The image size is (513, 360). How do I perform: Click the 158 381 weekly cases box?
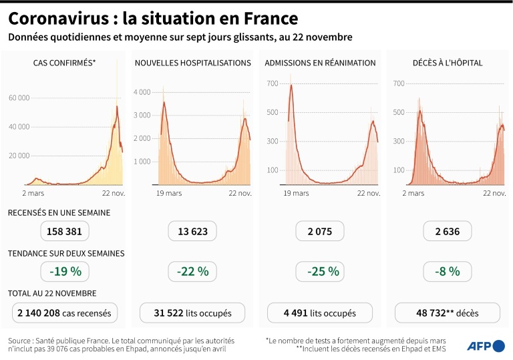click(x=64, y=232)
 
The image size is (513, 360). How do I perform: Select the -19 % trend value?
click(x=64, y=271)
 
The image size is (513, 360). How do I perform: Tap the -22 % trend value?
click(x=192, y=271)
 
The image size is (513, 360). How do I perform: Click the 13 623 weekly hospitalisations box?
click(x=192, y=232)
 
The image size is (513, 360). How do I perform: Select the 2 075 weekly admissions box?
click(x=320, y=232)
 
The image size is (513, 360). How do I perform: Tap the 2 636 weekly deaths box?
click(x=448, y=232)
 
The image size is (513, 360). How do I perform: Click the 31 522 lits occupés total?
click(x=192, y=313)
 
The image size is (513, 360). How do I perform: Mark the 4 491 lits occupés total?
click(x=320, y=313)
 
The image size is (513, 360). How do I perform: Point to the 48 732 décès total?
click(x=448, y=313)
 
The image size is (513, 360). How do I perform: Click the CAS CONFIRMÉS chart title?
click(x=64, y=63)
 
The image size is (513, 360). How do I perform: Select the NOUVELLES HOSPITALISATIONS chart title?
click(x=192, y=63)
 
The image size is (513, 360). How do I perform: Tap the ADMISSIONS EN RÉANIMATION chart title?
click(x=320, y=63)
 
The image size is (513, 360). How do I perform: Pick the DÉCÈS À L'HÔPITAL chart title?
click(x=448, y=63)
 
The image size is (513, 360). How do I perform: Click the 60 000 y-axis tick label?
click(x=19, y=98)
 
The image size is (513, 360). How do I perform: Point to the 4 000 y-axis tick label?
click(x=142, y=92)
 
